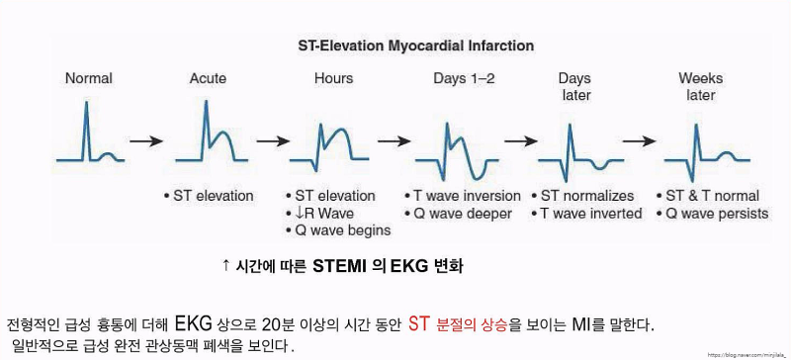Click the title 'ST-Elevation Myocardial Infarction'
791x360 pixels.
coord(415,45)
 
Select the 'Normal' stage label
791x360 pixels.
coord(89,78)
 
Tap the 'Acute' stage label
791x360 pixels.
coord(208,78)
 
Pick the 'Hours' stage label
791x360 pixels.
coord(333,78)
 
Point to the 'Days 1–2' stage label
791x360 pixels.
coord(465,78)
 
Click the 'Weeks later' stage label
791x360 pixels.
coord(700,87)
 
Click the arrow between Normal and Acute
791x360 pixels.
coord(147,140)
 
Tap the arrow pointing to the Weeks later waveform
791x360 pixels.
coord(641,140)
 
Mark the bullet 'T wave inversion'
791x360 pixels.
coord(464,196)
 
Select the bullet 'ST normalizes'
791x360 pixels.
coord(583,196)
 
